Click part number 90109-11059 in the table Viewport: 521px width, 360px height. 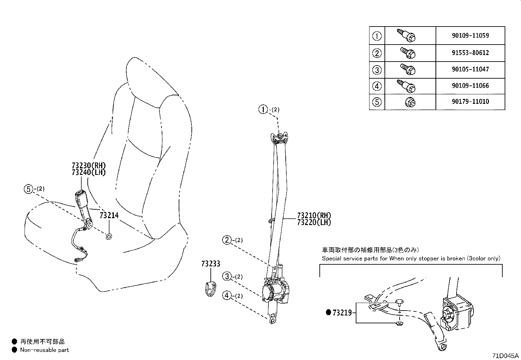tap(470, 36)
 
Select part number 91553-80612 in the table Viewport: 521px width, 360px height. tap(470, 53)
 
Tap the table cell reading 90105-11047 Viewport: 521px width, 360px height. tap(470, 69)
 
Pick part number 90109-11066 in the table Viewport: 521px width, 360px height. tap(470, 86)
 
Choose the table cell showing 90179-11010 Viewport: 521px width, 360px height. tap(470, 102)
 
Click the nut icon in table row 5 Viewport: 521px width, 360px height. tap(410, 103)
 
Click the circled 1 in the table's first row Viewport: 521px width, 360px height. tap(377, 36)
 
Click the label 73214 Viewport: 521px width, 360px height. tap(109, 216)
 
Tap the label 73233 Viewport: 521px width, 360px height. tap(211, 264)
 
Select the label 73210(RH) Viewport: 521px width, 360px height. tap(314, 216)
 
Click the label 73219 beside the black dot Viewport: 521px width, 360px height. tap(342, 313)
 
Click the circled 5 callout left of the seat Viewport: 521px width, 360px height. tap(28, 189)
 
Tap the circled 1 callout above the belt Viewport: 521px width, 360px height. tap(263, 109)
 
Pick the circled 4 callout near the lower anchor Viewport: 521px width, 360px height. tap(227, 296)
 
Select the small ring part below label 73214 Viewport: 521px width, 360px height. tap(109, 236)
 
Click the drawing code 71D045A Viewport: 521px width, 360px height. tap(506, 356)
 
